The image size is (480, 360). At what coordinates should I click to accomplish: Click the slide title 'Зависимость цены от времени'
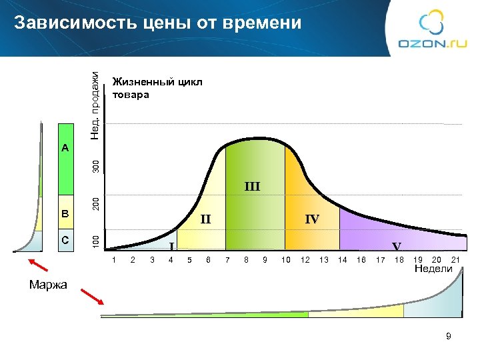pyautogui.click(x=157, y=23)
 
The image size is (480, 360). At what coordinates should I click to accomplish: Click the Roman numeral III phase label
pyautogui.click(x=251, y=186)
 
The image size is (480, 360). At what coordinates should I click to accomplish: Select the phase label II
pyautogui.click(x=205, y=219)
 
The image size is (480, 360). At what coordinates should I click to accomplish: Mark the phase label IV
pyautogui.click(x=311, y=219)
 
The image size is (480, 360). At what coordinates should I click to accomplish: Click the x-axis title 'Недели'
pyautogui.click(x=433, y=269)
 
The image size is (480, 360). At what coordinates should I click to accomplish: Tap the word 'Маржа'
pyautogui.click(x=48, y=285)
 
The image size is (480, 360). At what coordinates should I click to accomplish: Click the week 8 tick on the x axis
pyautogui.click(x=247, y=259)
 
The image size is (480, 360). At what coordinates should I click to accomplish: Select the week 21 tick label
pyautogui.click(x=456, y=259)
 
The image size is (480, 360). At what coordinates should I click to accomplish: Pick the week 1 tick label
pyautogui.click(x=114, y=259)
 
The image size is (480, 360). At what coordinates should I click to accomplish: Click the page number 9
pyautogui.click(x=449, y=337)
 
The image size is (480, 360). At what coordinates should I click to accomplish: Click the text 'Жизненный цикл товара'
pyautogui.click(x=157, y=88)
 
